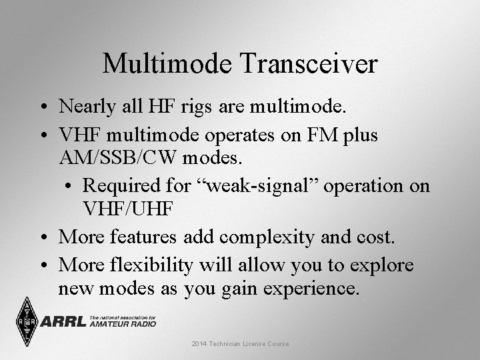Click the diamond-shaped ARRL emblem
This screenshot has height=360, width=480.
click(x=26, y=321)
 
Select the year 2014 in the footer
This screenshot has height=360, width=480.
click(x=199, y=343)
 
